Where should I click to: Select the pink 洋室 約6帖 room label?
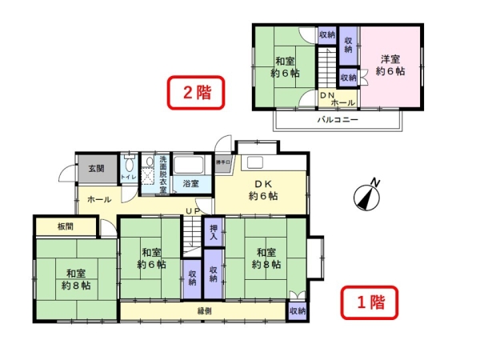click(x=391, y=65)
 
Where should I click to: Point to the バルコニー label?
click(x=338, y=119)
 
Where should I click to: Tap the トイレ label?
click(x=128, y=177)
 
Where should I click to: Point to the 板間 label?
click(x=66, y=226)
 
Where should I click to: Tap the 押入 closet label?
click(x=214, y=232)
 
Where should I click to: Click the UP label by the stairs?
click(x=193, y=210)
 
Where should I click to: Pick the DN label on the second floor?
click(x=326, y=95)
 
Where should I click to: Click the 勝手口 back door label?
click(x=223, y=163)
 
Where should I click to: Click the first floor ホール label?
click(x=99, y=199)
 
